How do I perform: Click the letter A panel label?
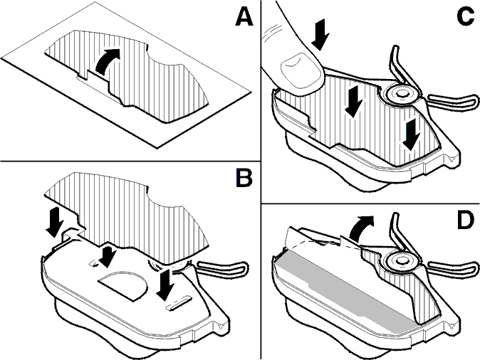[x=244, y=17]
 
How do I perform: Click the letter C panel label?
[x=466, y=16]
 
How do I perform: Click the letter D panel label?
[x=466, y=219]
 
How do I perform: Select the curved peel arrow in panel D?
[x=360, y=227]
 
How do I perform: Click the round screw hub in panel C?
[x=402, y=94]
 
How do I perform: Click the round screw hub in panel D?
[x=402, y=260]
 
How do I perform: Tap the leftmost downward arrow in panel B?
[x=55, y=222]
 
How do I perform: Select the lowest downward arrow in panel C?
[x=411, y=135]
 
